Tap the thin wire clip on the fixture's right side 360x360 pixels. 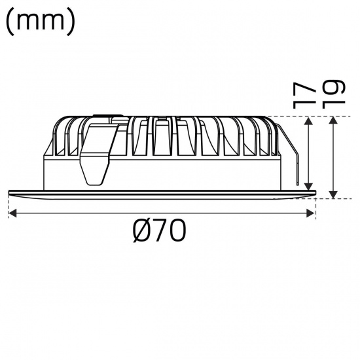pyautogui.click(x=291, y=157)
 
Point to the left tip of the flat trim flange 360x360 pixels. pyautogui.click(x=11, y=191)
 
